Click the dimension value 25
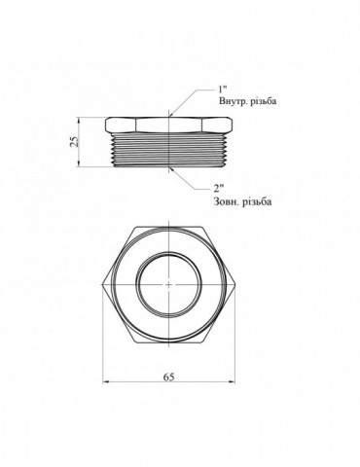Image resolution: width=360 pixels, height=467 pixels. tap(75, 142)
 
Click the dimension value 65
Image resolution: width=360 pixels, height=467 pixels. tap(168, 377)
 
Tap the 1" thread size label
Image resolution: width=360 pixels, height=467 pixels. tap(222, 90)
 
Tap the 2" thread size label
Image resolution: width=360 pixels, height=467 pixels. tap(219, 188)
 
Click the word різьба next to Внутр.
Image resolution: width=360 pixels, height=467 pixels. tap(264, 101)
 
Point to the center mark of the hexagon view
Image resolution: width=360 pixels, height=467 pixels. tap(169, 284)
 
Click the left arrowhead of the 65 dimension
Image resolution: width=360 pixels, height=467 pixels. tap(106, 383)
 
